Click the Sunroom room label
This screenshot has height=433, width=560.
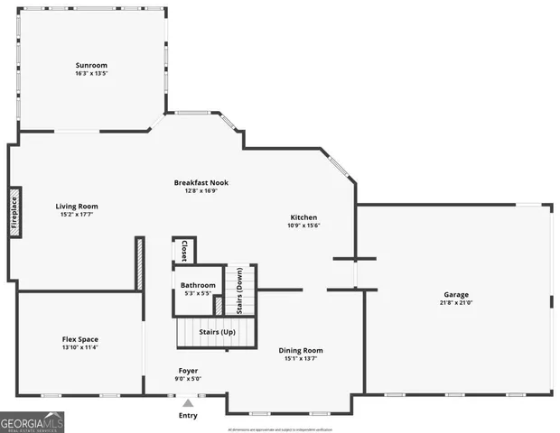(90, 65)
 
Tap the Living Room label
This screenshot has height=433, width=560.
(77, 206)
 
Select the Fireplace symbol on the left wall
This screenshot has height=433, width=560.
(14, 213)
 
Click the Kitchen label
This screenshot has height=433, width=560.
(303, 217)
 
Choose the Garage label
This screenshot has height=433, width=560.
(455, 295)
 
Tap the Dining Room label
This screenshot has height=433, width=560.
(301, 350)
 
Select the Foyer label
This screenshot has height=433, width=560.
(188, 370)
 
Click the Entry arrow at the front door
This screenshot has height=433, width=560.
(188, 403)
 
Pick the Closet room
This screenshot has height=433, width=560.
(184, 251)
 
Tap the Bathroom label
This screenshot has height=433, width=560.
(198, 285)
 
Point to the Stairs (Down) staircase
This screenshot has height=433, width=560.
(241, 290)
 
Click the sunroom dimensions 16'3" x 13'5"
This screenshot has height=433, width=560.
(90, 74)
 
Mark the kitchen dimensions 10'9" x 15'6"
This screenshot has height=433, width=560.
(303, 226)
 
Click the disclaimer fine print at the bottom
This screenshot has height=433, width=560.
(280, 428)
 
